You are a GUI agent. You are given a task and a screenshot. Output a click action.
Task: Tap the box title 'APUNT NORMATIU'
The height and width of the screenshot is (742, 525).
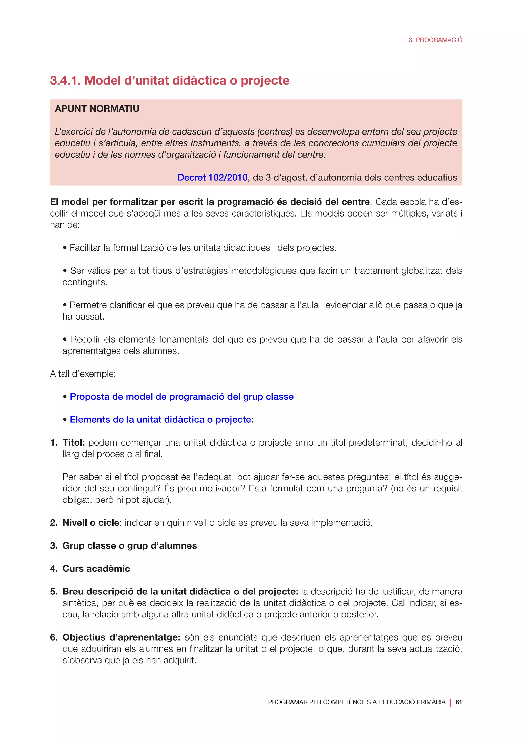97,109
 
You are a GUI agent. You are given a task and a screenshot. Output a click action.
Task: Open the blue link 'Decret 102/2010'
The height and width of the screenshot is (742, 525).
213,177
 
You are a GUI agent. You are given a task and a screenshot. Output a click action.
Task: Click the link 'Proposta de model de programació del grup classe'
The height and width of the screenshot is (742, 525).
182,397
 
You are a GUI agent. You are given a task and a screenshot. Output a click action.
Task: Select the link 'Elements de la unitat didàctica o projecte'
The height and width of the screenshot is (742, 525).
160,419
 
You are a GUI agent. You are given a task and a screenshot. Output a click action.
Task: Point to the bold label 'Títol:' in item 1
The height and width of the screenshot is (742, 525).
73,442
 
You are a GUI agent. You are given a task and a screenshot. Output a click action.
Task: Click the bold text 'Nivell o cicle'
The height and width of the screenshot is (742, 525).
91,523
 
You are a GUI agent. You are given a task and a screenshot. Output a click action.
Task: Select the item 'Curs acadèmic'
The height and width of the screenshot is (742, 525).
96,569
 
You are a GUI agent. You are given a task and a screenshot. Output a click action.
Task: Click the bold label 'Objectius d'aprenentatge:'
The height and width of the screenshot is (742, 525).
121,637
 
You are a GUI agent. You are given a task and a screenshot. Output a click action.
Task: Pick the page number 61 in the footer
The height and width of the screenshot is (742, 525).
458,702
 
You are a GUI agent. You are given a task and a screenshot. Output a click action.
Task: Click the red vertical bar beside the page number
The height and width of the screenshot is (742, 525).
450,703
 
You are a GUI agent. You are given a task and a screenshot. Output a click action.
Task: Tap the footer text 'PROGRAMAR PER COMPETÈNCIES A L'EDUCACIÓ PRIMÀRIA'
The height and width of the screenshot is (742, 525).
357,702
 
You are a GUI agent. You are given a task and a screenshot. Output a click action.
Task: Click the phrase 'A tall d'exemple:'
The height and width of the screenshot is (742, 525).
83,374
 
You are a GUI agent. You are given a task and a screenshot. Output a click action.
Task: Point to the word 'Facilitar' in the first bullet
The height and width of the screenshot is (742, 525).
85,248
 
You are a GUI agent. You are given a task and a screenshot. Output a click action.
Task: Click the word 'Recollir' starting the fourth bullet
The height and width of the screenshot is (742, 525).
85,339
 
